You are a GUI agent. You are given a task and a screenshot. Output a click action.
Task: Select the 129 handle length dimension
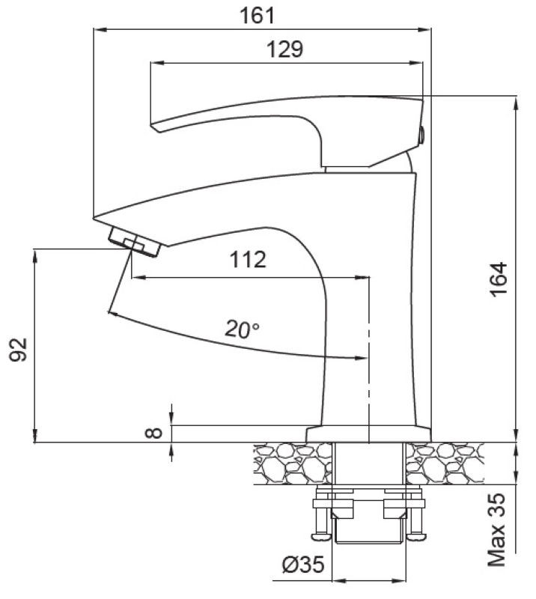(x=284, y=49)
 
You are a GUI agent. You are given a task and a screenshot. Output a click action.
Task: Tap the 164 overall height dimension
(x=499, y=279)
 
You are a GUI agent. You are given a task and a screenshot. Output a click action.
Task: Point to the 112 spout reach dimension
(x=248, y=259)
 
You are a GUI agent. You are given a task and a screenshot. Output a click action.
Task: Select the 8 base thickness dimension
(x=155, y=432)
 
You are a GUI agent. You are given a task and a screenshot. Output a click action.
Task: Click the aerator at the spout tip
(x=134, y=242)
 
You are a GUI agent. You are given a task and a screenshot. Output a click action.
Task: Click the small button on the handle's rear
(x=421, y=136)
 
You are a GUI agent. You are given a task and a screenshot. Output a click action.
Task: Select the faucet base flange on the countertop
(x=369, y=434)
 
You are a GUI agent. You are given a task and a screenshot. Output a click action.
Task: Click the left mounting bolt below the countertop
(x=323, y=517)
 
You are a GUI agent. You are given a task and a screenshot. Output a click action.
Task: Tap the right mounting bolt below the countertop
(x=416, y=517)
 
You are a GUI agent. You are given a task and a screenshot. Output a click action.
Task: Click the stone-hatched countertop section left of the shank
(x=292, y=463)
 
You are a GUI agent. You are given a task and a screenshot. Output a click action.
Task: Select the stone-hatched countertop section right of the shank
(x=445, y=463)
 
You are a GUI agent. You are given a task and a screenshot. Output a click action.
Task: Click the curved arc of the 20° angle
(x=225, y=341)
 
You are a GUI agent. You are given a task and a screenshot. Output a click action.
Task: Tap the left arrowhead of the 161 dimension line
(x=97, y=30)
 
